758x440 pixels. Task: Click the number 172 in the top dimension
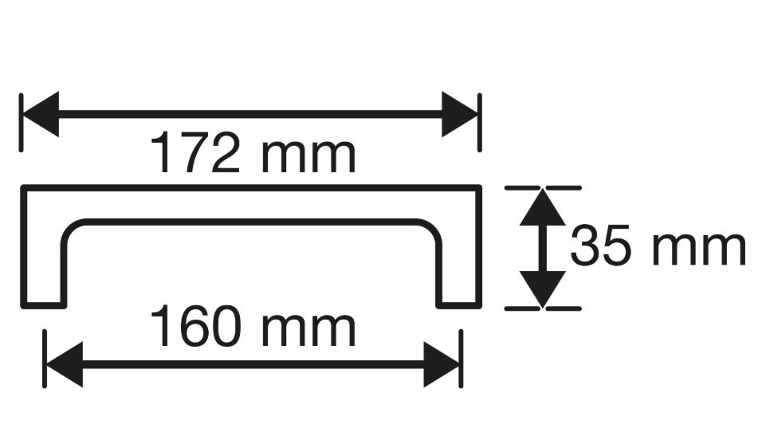coord(194,152)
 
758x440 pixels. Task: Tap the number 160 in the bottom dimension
coord(194,326)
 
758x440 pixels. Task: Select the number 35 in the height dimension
coord(601,245)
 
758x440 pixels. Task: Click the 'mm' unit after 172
coord(308,157)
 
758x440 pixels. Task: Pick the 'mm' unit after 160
coord(308,331)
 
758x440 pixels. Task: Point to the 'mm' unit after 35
coord(698,249)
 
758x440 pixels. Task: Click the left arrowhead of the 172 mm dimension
coord(40,114)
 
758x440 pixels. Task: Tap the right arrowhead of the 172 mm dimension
coord(460,114)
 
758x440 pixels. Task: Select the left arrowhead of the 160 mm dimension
coord(64,364)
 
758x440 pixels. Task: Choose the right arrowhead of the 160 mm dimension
coord(442,364)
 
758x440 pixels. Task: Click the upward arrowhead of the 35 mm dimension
coord(543,207)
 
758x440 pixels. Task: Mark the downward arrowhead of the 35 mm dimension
coord(543,289)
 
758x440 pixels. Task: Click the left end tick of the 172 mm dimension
coord(21,122)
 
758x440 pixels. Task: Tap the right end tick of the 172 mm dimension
coord(480,122)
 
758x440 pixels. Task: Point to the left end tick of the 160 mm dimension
coord(45,359)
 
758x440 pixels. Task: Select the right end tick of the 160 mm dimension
coord(461,359)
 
